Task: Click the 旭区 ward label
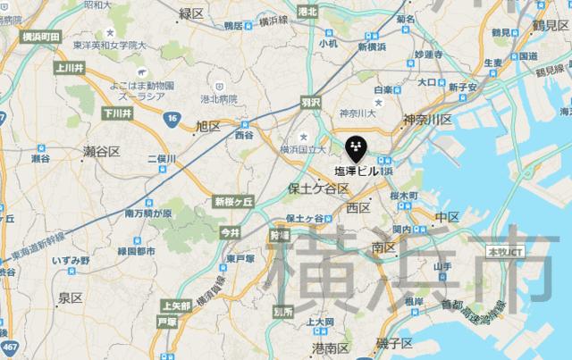point(207,127)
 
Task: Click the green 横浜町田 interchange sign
point(38,37)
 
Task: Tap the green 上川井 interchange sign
point(68,66)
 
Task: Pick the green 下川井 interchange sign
point(117,113)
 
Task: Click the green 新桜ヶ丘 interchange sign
point(235,203)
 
